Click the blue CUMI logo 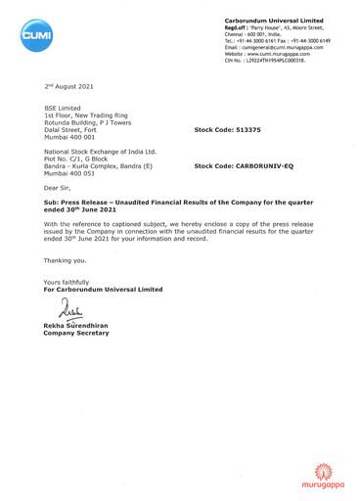pyautogui.click(x=36, y=36)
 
